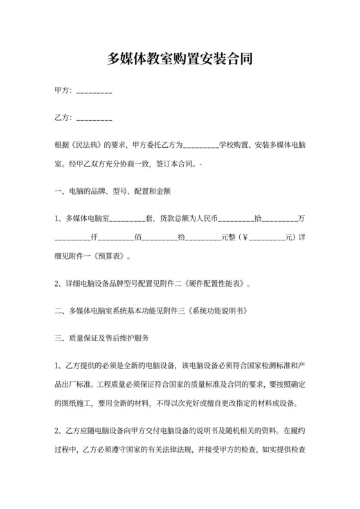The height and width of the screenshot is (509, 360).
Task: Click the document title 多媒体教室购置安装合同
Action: tap(179, 60)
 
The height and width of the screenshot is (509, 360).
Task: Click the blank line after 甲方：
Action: tap(94, 92)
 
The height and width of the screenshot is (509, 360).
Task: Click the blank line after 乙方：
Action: tap(94, 119)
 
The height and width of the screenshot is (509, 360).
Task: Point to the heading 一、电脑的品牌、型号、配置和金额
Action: tap(113, 191)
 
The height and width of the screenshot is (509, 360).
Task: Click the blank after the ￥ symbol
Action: tap(266, 237)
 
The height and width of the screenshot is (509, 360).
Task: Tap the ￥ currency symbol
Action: tap(243, 237)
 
